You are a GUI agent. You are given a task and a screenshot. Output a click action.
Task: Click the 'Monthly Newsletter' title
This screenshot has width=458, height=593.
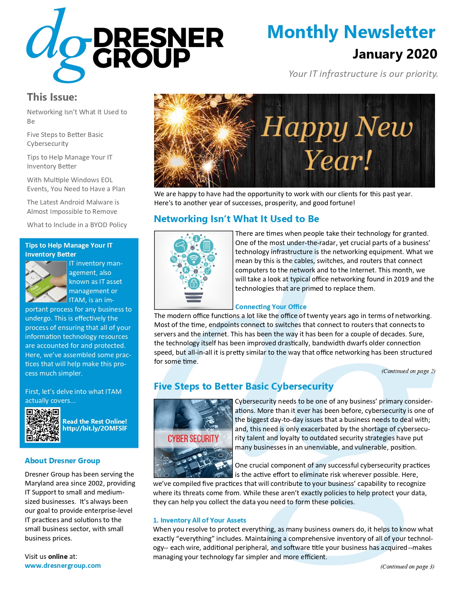(x=351, y=32)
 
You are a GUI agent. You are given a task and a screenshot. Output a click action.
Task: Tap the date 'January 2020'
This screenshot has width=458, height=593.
(x=394, y=54)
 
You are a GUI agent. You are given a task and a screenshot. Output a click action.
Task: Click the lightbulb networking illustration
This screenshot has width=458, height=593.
(x=194, y=270)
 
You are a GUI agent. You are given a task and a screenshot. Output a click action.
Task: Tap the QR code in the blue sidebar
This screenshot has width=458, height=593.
(x=43, y=425)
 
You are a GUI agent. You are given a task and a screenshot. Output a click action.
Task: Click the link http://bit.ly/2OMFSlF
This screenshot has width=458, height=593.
(x=95, y=428)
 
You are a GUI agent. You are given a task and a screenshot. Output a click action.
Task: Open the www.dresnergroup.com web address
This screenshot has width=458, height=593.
(x=63, y=565)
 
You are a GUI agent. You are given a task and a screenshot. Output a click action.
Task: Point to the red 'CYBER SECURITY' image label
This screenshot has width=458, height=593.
(x=193, y=438)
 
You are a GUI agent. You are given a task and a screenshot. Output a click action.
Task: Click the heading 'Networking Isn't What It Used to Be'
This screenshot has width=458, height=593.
(x=236, y=219)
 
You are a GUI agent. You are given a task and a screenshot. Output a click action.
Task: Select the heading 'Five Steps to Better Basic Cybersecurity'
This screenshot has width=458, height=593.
(x=244, y=386)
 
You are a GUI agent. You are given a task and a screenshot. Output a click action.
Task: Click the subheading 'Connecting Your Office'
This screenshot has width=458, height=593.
(x=271, y=307)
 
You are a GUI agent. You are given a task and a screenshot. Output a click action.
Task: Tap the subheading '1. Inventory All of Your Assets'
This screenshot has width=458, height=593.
(x=199, y=520)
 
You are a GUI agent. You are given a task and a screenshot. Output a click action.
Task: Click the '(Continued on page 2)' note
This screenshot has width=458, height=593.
(x=408, y=371)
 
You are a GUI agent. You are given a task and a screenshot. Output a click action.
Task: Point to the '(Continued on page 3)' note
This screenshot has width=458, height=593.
(x=407, y=566)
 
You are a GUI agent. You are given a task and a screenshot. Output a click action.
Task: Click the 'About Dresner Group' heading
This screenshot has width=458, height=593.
(x=63, y=461)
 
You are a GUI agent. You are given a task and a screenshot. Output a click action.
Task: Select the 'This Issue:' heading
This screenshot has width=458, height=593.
(x=52, y=97)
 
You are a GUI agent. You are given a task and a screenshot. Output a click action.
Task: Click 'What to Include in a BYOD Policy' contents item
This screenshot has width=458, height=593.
(x=77, y=225)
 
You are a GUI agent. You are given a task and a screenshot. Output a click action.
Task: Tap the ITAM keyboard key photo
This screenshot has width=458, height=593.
(x=46, y=281)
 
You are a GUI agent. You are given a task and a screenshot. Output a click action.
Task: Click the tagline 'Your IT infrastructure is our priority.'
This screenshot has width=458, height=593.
(x=363, y=74)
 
